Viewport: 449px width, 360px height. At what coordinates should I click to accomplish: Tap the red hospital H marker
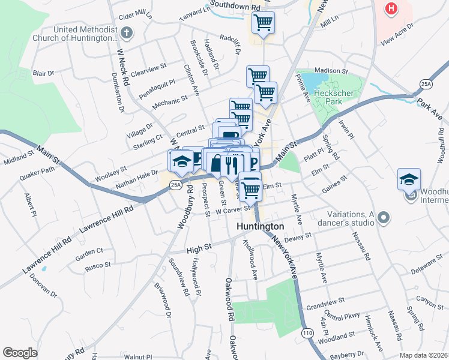(391, 9)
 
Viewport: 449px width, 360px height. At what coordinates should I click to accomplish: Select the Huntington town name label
(260, 227)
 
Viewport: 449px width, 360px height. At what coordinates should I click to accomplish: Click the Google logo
(20, 353)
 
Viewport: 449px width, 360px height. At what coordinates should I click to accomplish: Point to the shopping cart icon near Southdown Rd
(263, 23)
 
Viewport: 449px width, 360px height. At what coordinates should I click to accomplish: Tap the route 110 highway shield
(308, 332)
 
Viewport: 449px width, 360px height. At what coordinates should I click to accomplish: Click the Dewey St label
(298, 238)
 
